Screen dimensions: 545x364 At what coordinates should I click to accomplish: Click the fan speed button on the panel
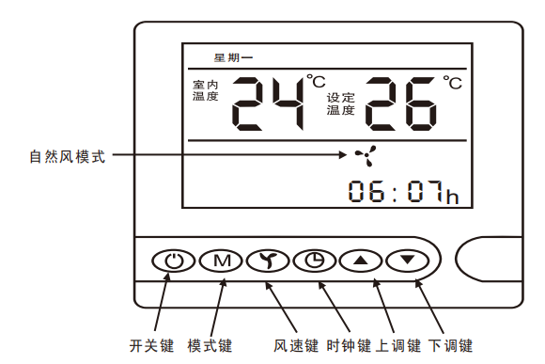(x=268, y=261)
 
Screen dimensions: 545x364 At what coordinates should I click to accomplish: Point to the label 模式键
(x=209, y=345)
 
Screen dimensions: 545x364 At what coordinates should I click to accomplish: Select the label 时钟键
(x=347, y=345)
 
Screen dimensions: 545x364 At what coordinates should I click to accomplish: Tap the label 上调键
(x=397, y=345)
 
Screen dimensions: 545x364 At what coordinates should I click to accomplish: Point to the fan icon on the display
(x=364, y=156)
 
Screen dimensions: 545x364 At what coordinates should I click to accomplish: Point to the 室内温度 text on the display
(x=205, y=90)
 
